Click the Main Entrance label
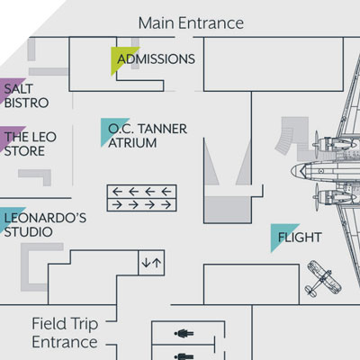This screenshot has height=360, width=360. point(191,23)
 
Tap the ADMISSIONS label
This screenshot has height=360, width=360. point(156,58)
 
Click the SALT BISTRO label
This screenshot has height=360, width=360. point(26,95)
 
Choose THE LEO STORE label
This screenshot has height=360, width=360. point(30,144)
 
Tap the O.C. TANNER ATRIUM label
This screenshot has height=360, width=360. point(148,136)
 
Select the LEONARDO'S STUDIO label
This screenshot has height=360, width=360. point(45,225)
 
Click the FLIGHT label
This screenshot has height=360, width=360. point(300,238)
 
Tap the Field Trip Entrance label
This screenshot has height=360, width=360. point(65,333)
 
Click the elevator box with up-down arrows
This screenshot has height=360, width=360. point(151,263)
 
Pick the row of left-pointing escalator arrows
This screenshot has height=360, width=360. point(141,192)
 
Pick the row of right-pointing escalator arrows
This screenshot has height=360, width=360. point(141,205)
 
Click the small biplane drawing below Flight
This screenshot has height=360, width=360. point(322,279)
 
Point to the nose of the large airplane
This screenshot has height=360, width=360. point(292,171)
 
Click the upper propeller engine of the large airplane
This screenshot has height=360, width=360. point(333,143)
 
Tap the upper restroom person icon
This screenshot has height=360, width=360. point(184,333)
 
